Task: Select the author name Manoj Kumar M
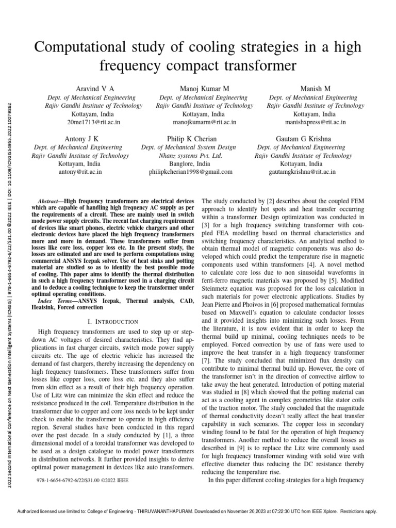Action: click(x=205, y=89)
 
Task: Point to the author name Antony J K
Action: click(x=81, y=139)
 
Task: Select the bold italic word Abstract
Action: click(x=52, y=200)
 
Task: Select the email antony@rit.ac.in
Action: click(x=81, y=172)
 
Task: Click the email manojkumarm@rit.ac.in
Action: click(x=205, y=122)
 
